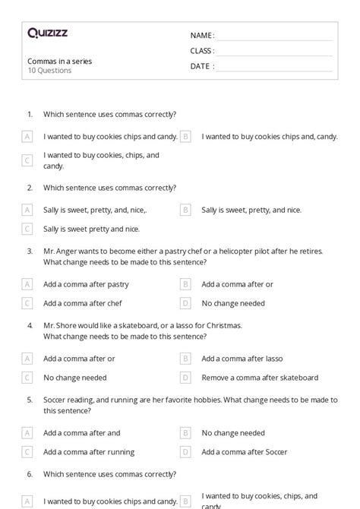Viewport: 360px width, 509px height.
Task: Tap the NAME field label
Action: coord(201,35)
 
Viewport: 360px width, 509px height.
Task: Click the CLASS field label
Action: coord(202,51)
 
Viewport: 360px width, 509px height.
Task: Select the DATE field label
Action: coord(201,66)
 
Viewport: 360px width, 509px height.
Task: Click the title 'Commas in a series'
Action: coord(59,61)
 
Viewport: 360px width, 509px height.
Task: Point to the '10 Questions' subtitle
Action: coord(49,71)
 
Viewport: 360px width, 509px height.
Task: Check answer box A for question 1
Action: coord(27,137)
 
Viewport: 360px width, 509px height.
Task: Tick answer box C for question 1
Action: coord(27,160)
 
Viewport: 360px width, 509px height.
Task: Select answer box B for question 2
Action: coord(185,210)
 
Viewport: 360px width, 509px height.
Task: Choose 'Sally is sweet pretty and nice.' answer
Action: coord(91,228)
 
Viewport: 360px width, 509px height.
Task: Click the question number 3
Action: coord(30,250)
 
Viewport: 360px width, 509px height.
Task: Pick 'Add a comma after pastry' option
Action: coord(86,284)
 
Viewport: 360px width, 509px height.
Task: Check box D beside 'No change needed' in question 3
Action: coord(185,303)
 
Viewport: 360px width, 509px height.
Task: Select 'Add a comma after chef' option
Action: coord(82,303)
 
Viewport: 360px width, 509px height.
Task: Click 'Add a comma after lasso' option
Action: coord(242,359)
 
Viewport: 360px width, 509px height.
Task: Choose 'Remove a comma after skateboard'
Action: coord(260,378)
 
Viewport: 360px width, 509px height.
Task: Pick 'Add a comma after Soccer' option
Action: coord(244,452)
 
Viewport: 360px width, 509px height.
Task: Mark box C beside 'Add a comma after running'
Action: coord(27,452)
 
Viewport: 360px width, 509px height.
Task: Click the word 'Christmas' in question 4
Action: coord(223,324)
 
